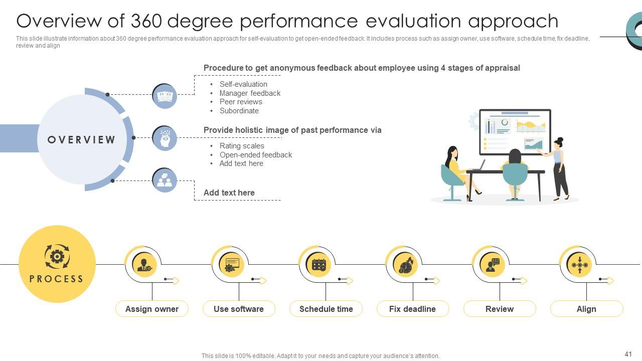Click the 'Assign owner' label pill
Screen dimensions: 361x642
152,309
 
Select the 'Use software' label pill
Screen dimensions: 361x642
239,309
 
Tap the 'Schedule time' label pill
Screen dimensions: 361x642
326,309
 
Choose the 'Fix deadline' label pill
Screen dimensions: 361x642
412,309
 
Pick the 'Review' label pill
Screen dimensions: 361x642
500,309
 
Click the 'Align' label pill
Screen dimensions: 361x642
586,309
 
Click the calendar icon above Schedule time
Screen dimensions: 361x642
319,264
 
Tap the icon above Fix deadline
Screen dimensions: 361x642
405,264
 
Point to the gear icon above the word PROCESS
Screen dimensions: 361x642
57,257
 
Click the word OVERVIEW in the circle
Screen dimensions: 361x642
82,140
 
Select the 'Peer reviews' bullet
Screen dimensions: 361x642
241,102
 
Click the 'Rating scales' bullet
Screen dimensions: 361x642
242,146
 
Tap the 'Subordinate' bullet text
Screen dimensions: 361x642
239,111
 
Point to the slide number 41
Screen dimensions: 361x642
628,354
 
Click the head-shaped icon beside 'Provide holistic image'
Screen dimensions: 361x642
165,138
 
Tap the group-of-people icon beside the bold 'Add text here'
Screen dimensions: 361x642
165,180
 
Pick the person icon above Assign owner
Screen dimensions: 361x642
144,264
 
